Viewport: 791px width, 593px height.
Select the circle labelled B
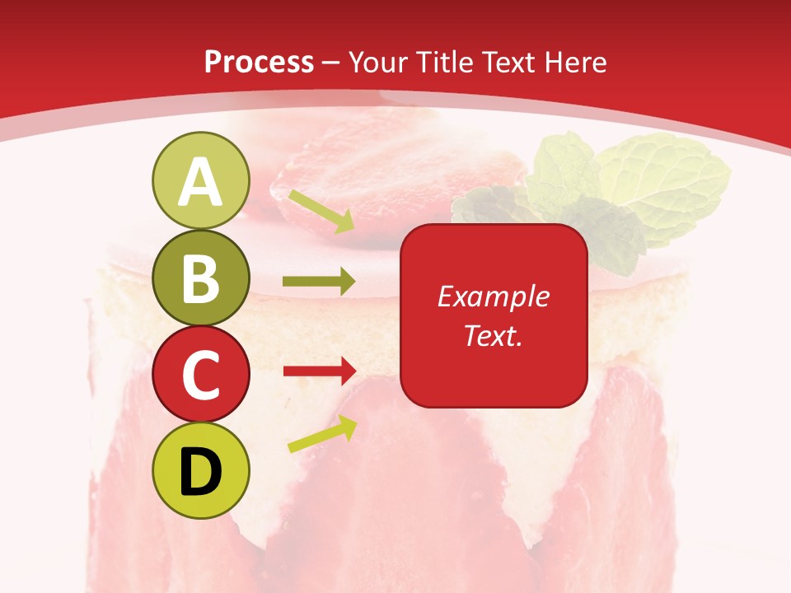pos(200,278)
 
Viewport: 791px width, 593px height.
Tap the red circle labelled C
pos(200,374)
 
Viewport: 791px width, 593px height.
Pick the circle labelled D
pos(200,470)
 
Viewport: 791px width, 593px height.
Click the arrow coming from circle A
pos(321,211)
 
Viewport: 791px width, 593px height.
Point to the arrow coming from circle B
pos(319,282)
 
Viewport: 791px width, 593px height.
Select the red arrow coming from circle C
pos(319,371)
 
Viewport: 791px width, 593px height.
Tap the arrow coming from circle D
pos(322,434)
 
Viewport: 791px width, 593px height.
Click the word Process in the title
pos(259,62)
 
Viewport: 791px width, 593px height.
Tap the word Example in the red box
pos(493,296)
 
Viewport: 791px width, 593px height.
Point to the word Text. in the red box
pos(493,335)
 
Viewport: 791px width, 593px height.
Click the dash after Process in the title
pos(330,63)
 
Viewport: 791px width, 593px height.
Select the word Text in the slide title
pos(508,62)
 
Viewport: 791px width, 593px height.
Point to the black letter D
pos(200,472)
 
